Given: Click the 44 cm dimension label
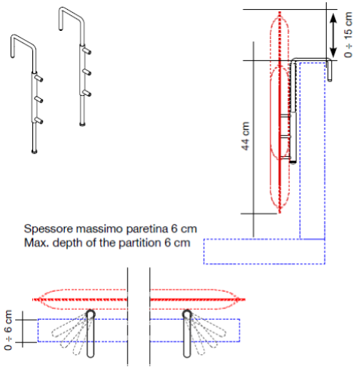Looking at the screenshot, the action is [x=246, y=136].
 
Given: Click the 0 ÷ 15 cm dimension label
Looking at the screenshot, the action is [x=349, y=35].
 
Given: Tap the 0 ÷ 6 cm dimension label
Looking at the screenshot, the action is [x=8, y=330].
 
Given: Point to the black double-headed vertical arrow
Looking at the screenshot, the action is [x=333, y=35].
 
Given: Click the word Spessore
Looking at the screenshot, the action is [x=48, y=229].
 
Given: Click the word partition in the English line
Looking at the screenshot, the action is [x=140, y=243].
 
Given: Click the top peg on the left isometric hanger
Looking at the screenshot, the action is [x=39, y=78].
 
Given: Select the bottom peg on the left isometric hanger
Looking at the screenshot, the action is [x=39, y=121].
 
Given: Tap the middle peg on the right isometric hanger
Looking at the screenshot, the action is [x=87, y=72].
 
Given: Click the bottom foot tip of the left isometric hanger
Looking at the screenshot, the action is [x=35, y=152].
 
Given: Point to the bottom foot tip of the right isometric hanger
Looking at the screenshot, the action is [x=82, y=124].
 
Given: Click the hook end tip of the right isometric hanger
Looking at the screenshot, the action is [x=61, y=29].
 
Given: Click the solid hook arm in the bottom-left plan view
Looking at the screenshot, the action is [x=90, y=333].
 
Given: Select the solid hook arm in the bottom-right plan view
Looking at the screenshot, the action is [x=187, y=333].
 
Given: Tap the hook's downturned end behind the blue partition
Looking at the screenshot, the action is [x=330, y=71].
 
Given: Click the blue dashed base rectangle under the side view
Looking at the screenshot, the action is [x=264, y=251].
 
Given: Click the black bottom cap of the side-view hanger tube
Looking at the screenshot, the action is [x=292, y=162].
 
